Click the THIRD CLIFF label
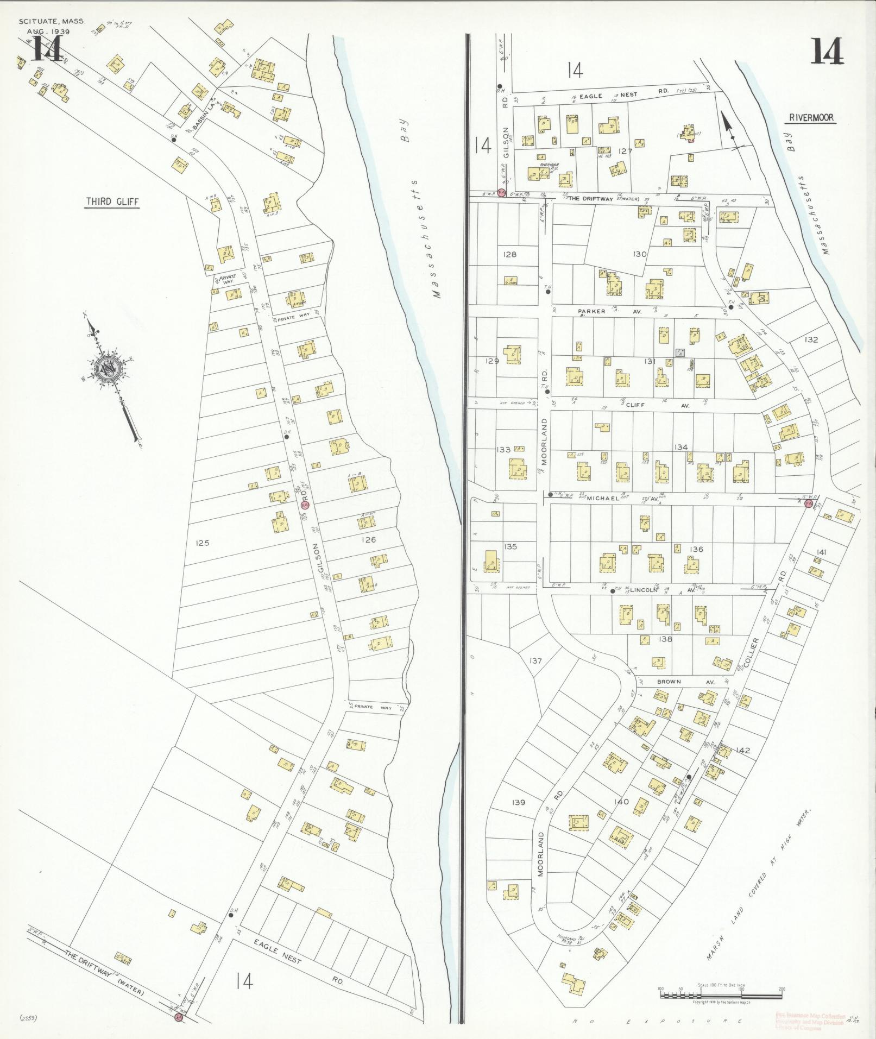tap(112, 202)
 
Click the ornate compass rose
tap(108, 370)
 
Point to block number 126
tap(368, 540)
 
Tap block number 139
tap(519, 803)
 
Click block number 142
tap(743, 751)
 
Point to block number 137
tap(535, 661)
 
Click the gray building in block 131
tap(679, 352)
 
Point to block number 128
tap(509, 254)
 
